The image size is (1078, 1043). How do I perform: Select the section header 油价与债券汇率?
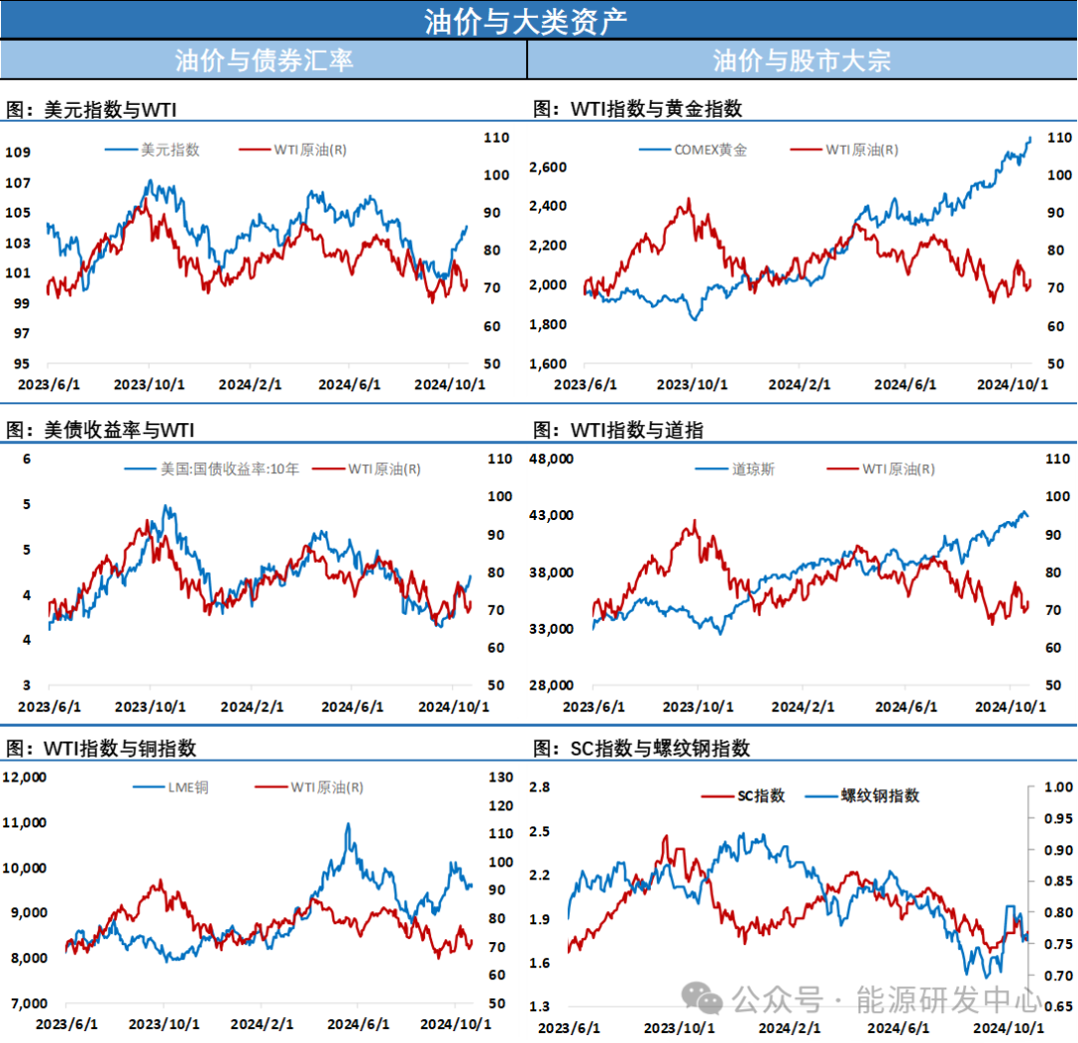pos(264,60)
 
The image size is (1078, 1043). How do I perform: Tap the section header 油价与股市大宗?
pos(802,60)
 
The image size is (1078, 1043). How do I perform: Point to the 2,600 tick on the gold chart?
pos(574,167)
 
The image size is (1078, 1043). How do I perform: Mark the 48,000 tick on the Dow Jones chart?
pos(574,459)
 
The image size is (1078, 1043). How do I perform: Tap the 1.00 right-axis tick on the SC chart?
pos(1055,786)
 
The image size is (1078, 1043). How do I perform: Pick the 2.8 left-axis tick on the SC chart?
pos(540,786)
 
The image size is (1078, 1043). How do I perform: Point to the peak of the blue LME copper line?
pos(347,824)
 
